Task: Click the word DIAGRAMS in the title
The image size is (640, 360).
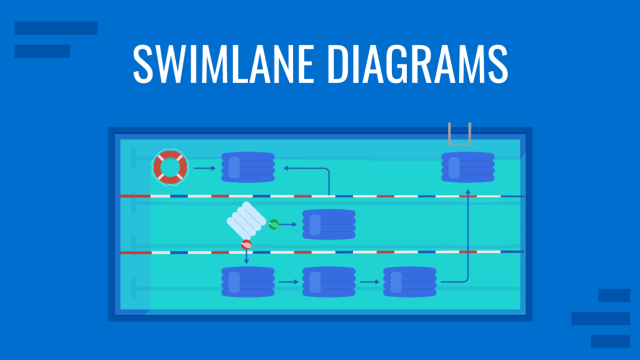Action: (x=414, y=64)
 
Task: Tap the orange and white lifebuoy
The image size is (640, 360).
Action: (x=170, y=167)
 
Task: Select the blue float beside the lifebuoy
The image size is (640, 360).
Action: (x=248, y=167)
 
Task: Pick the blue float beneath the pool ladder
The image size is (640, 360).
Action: (x=468, y=167)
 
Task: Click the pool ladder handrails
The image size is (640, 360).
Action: (x=460, y=134)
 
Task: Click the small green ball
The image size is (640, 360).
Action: (x=273, y=225)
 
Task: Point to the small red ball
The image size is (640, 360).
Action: (x=246, y=244)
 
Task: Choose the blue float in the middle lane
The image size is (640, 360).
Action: (x=329, y=225)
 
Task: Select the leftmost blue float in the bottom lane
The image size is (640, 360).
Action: (x=248, y=282)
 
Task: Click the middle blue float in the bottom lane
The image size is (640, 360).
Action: (x=329, y=282)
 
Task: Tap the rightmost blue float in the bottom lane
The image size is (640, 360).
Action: (x=410, y=282)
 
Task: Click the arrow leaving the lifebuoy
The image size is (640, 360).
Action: (x=204, y=168)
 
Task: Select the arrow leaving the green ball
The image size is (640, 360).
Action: (x=290, y=225)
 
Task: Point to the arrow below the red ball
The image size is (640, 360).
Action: (x=246, y=257)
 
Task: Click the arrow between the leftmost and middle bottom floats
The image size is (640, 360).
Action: (x=288, y=282)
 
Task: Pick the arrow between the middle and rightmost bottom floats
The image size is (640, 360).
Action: (x=369, y=282)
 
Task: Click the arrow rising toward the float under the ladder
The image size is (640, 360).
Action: (x=467, y=240)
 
